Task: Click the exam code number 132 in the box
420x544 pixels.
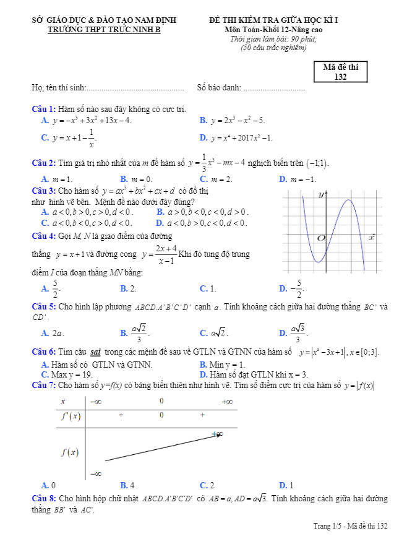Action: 340,77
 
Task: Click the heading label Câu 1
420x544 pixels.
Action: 44,109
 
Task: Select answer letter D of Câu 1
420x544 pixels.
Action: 203,137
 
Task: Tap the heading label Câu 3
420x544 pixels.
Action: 44,191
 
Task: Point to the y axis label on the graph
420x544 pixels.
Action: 322,195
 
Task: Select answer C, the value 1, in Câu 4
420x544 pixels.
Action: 208,288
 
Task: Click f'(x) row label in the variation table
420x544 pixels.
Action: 71,416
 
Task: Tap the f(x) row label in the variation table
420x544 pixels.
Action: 70,452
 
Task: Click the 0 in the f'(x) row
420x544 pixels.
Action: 161,415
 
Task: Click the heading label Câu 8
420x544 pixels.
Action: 44,498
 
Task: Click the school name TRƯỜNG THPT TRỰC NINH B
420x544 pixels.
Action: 104,29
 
